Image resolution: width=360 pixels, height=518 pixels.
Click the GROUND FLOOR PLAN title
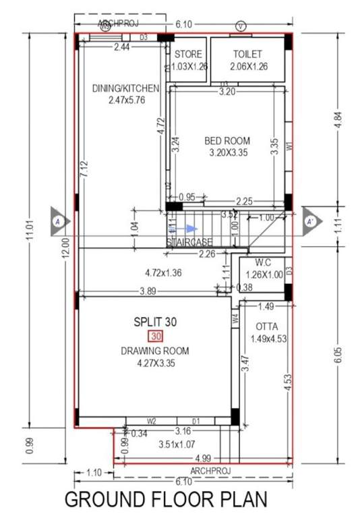click(166, 500)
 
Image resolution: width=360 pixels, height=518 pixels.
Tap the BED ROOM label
click(227, 141)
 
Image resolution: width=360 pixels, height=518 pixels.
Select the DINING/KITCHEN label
click(125, 88)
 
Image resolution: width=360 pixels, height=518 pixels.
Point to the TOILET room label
click(247, 54)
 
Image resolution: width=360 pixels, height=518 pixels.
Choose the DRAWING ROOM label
click(155, 351)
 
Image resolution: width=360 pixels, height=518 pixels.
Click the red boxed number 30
click(156, 337)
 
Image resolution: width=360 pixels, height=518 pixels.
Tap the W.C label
click(263, 263)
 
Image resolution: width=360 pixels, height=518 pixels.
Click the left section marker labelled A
click(59, 221)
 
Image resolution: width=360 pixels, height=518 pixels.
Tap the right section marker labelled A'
click(310, 221)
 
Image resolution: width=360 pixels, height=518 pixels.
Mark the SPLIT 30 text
click(155, 322)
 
